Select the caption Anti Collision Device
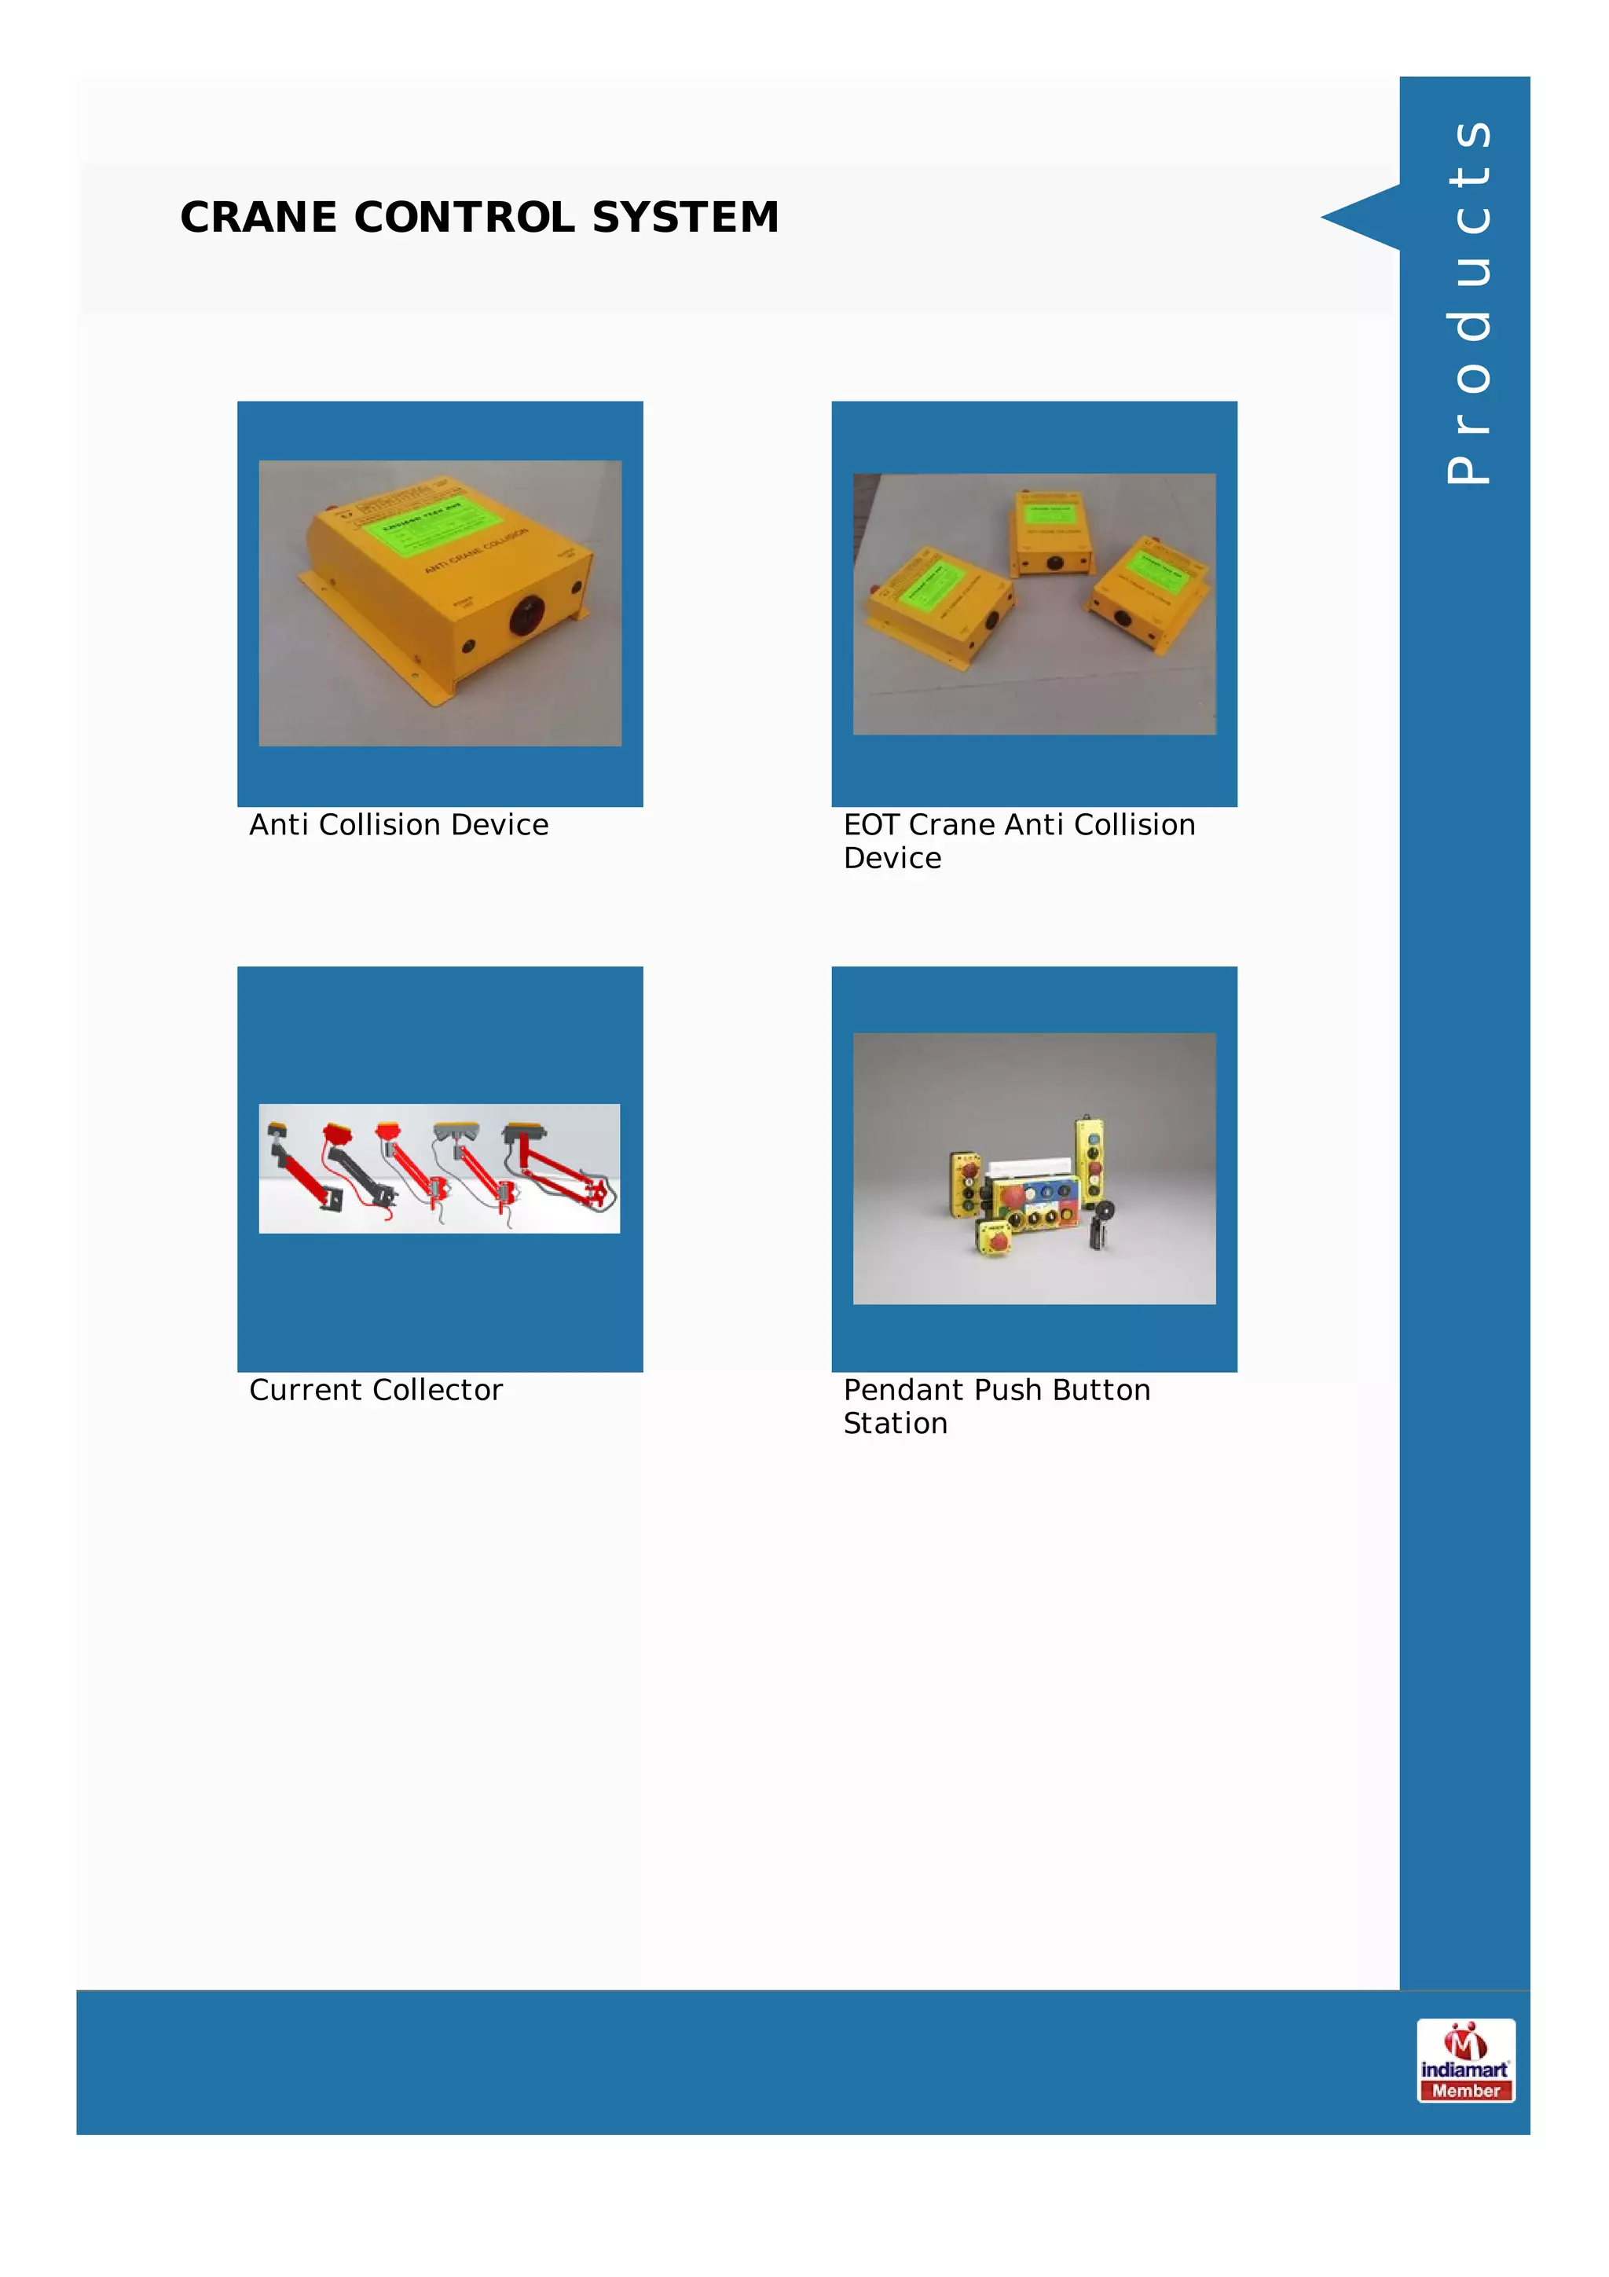click(398, 825)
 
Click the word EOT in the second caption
click(870, 825)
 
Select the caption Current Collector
click(376, 1391)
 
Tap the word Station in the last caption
click(895, 1424)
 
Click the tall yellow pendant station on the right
click(1090, 1158)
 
